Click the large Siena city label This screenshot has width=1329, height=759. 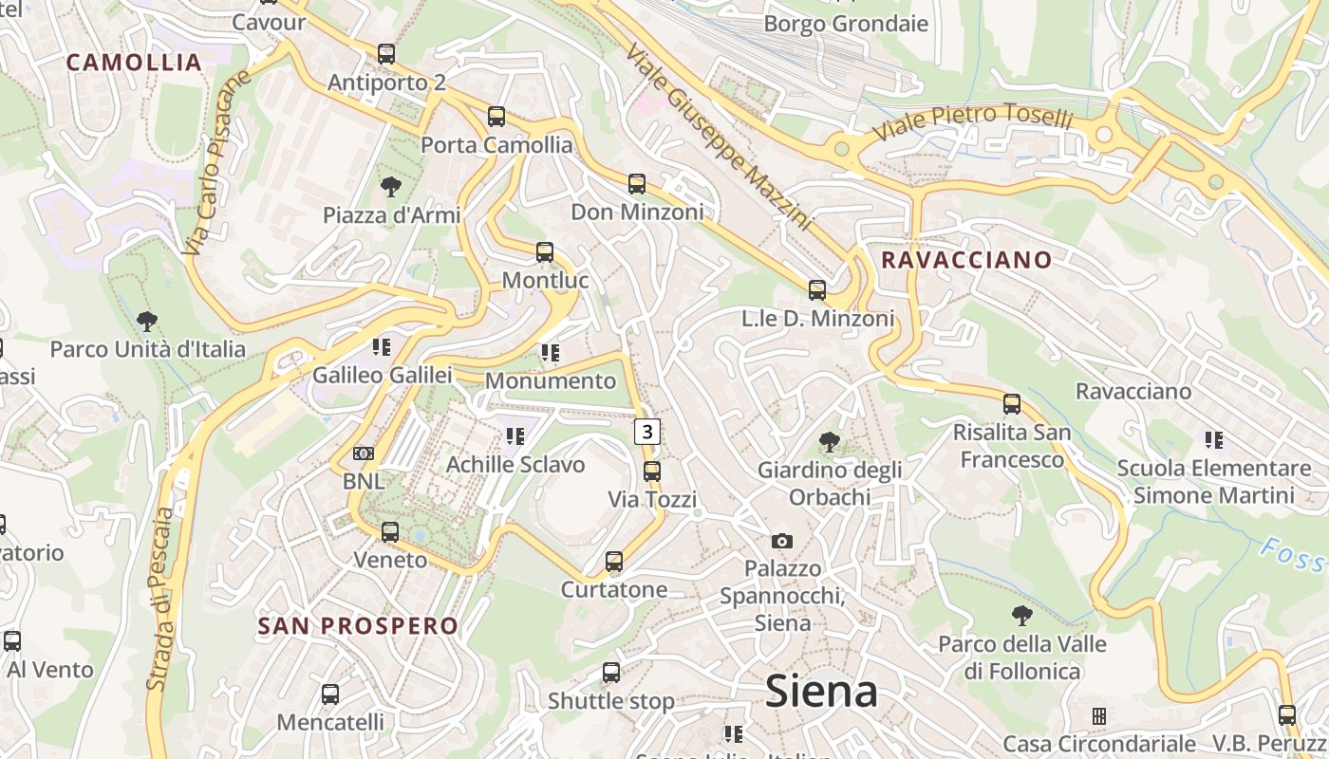(x=821, y=691)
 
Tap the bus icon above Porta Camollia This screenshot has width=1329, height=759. (x=496, y=117)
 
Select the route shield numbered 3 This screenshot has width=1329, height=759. (x=647, y=432)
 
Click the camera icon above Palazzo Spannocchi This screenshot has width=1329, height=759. (x=782, y=541)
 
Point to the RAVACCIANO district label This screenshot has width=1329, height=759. (x=966, y=260)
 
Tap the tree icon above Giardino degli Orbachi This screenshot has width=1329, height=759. (x=829, y=441)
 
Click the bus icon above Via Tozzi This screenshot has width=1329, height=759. (x=652, y=471)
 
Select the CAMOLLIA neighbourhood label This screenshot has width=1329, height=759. (x=134, y=63)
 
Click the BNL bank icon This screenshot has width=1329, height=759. (x=364, y=454)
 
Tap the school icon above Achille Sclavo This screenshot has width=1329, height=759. (x=515, y=436)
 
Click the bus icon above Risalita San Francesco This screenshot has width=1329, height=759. (x=1012, y=404)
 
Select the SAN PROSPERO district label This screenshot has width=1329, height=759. (x=358, y=626)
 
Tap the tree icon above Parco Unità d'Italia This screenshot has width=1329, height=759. (x=147, y=321)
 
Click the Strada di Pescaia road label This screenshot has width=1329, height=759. (x=161, y=598)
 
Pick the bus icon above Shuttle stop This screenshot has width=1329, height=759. (x=611, y=673)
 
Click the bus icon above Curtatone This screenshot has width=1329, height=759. (x=614, y=562)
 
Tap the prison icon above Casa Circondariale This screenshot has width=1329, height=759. (x=1099, y=715)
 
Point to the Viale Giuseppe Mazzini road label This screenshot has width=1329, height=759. (x=719, y=136)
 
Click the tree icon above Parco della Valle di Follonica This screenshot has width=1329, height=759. (x=1022, y=616)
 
